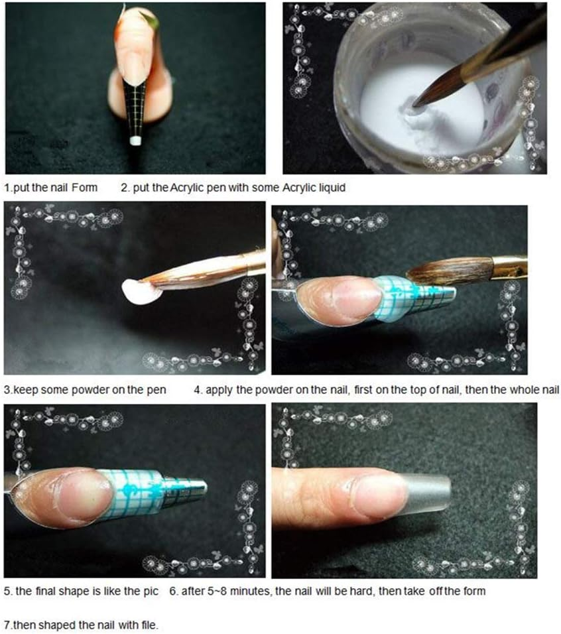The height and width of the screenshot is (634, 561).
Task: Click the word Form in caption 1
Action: (x=85, y=188)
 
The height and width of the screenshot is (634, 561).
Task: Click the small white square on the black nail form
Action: (x=135, y=140)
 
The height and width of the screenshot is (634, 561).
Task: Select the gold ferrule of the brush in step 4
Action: (x=509, y=267)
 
